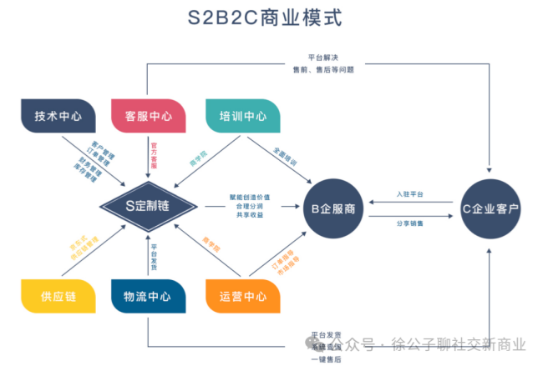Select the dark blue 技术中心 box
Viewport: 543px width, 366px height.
58,117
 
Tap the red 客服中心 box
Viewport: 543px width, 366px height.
148,117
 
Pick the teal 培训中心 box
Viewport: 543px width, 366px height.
242,117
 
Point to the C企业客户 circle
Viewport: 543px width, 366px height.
490,208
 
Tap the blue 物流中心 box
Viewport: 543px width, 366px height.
148,297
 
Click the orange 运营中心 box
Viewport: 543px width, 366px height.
242,297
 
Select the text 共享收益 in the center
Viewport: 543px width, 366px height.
250,216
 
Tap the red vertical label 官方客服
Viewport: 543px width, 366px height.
154,153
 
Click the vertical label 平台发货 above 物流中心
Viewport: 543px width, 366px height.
154,253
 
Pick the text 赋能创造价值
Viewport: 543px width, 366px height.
250,197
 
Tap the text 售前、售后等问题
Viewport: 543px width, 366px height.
322,70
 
